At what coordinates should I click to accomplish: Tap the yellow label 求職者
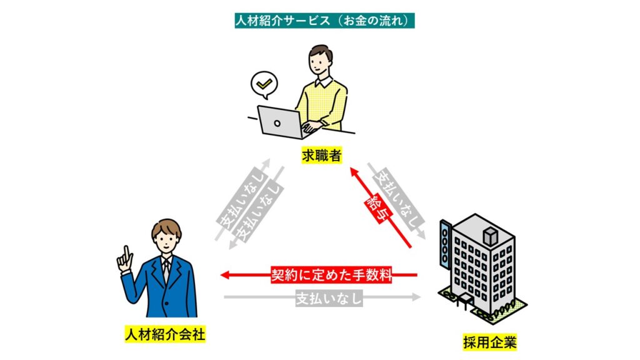[x=320, y=156]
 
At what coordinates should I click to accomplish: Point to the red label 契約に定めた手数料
[x=331, y=274]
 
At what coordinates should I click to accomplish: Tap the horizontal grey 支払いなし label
[x=329, y=298]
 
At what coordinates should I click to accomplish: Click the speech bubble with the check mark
[x=263, y=84]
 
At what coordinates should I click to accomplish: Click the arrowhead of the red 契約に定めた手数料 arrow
[x=226, y=274]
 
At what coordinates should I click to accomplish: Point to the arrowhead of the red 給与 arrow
[x=353, y=170]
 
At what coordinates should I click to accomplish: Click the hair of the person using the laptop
[x=322, y=51]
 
